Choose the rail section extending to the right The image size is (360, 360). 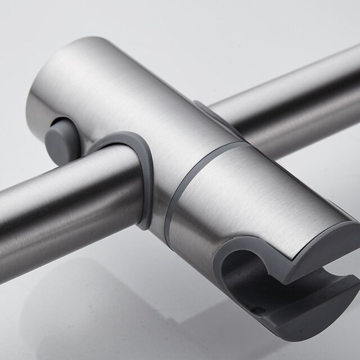point(292,101)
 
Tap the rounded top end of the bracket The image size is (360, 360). point(84,56)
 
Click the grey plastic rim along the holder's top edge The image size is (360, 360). point(332,236)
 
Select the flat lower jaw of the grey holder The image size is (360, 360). point(315,315)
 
